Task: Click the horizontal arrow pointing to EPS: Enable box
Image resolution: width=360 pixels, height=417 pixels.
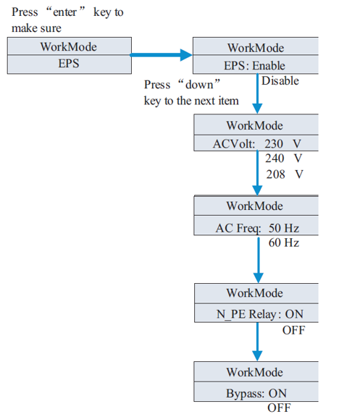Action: (x=161, y=55)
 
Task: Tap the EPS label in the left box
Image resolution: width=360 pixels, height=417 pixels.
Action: (x=69, y=64)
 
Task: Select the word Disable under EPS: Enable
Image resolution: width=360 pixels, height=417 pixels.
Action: (x=280, y=81)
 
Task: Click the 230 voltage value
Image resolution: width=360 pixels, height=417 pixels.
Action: (x=274, y=144)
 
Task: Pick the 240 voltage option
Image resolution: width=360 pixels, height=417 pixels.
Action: (x=275, y=159)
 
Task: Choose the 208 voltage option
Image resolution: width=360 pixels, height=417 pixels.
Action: (x=276, y=174)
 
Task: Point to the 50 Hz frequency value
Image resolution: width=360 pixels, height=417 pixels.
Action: (x=284, y=228)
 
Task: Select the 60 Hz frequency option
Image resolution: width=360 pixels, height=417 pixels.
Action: (x=284, y=243)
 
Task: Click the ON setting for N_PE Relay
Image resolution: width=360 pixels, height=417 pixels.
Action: (x=294, y=314)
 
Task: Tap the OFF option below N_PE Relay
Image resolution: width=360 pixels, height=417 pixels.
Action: (x=294, y=330)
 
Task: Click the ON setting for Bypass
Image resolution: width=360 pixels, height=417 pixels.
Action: (x=277, y=393)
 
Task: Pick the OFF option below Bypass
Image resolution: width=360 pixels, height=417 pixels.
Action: (x=279, y=408)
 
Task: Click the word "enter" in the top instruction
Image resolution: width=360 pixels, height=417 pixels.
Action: (x=65, y=12)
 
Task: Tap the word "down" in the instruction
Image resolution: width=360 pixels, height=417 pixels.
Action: (x=199, y=85)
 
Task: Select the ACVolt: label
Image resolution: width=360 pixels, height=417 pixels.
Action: (x=234, y=144)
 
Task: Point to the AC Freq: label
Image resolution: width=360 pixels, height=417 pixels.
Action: (x=238, y=229)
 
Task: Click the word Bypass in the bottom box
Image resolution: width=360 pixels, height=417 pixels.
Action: (x=245, y=394)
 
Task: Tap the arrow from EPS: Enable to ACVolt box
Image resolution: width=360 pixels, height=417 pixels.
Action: (x=257, y=93)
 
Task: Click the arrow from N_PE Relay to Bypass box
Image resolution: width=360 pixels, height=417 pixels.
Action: (x=257, y=342)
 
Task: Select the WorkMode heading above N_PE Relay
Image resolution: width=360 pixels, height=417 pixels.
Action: (x=255, y=293)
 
